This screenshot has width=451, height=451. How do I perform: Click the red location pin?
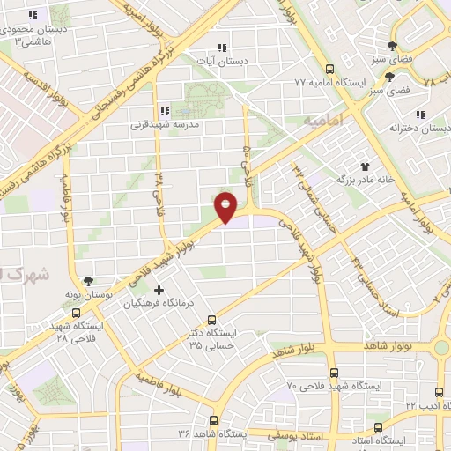point(225,207)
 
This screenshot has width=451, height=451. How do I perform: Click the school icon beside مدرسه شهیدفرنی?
point(164,111)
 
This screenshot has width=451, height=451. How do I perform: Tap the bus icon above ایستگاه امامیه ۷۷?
point(329,69)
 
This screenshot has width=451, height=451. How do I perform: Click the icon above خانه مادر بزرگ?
point(364,165)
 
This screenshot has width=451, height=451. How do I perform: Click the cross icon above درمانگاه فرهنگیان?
point(159,290)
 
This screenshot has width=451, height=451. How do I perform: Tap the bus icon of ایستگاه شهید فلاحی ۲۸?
point(77,313)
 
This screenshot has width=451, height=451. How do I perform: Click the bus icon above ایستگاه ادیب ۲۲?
point(440,391)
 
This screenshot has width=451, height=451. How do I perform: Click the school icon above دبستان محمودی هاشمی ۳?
point(33,16)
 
